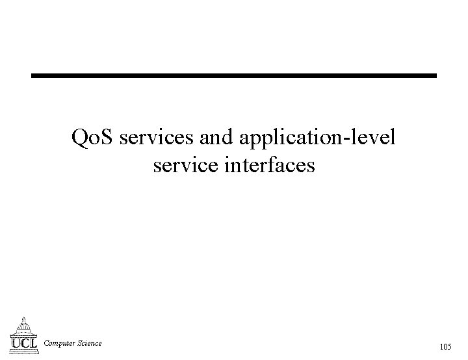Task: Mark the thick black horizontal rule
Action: (234, 76)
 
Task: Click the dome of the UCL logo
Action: (24, 327)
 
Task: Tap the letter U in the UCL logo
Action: (16, 342)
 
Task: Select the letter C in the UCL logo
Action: (24, 342)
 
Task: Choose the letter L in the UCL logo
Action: (32, 342)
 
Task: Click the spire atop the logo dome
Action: (24, 318)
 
